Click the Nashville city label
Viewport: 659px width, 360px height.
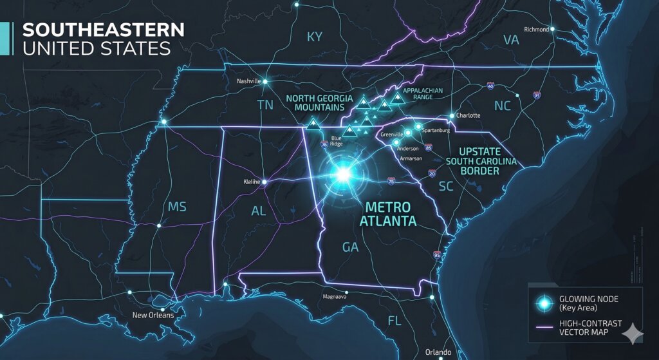pos(248,81)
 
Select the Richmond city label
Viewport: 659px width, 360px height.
pos(536,30)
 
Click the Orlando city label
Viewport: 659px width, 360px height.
pos(439,352)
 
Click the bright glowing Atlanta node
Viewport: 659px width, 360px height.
pos(342,174)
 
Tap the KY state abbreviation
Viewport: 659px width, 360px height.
pos(314,37)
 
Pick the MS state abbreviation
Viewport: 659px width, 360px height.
pos(177,207)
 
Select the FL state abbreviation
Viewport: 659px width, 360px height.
pos(394,321)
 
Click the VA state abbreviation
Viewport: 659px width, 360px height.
pos(510,40)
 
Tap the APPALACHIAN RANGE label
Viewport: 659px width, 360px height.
pos(423,95)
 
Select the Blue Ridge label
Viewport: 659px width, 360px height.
pos(336,141)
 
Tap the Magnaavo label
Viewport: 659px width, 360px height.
pos(335,297)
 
